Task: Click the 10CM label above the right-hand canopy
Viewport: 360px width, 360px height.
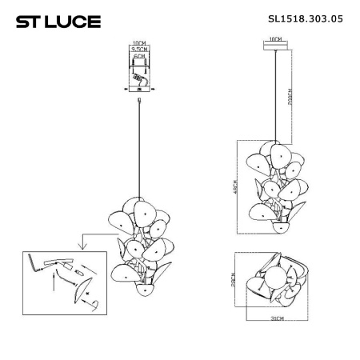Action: (x=275, y=38)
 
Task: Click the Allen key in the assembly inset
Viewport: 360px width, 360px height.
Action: (x=33, y=262)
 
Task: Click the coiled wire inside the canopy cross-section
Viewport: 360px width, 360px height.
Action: (x=141, y=81)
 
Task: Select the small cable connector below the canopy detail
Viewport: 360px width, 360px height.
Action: (x=140, y=101)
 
